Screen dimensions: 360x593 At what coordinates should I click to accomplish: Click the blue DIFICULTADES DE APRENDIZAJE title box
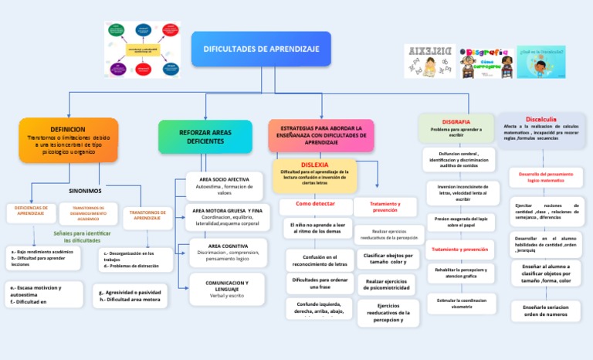point(261,49)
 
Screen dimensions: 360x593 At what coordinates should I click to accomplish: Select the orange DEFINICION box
point(68,140)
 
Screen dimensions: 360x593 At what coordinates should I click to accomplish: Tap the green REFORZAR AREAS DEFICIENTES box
point(205,137)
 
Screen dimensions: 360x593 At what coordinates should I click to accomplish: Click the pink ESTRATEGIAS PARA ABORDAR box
point(321,135)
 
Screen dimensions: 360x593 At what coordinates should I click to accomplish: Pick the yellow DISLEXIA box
point(314,174)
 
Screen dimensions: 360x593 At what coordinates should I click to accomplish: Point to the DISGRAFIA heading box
point(456,127)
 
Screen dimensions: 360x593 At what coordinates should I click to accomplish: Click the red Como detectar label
point(315,203)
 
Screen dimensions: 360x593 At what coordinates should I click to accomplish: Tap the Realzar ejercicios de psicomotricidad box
point(386,285)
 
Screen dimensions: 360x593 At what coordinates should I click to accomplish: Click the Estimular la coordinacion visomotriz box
point(461,303)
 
